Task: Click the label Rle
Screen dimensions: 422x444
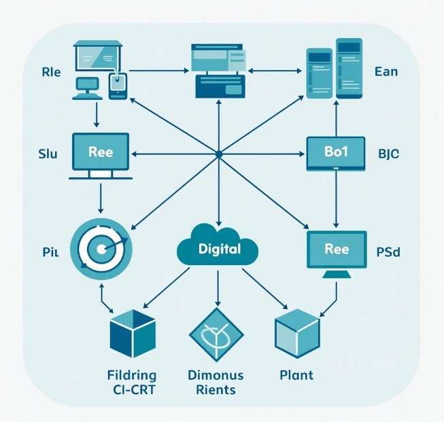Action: [x=51, y=73]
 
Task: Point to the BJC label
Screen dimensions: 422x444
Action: [x=388, y=153]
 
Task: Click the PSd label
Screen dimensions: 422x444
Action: [x=388, y=252]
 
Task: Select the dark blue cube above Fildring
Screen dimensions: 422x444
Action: [x=132, y=335]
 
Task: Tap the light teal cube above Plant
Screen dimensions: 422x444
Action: [x=296, y=335]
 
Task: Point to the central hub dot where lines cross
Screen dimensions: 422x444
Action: [x=218, y=155]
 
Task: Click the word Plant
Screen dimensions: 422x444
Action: [x=296, y=375]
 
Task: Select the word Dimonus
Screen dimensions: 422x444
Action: [x=215, y=375]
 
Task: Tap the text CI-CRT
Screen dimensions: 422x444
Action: [x=132, y=390]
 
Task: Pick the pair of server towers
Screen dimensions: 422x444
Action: [x=334, y=73]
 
